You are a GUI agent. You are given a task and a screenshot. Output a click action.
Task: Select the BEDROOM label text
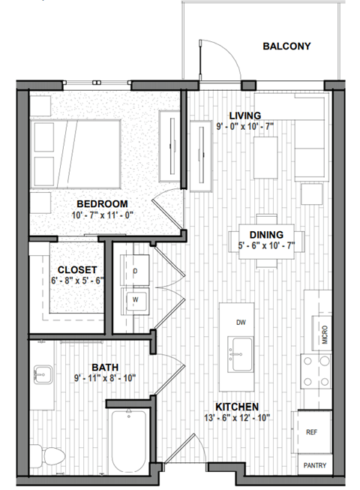pyautogui.click(x=103, y=203)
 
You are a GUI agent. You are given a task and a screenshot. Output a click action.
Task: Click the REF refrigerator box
pyautogui.click(x=313, y=433)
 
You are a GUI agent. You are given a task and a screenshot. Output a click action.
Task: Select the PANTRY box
pyautogui.click(x=314, y=465)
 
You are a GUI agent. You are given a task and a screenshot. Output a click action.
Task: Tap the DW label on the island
pyautogui.click(x=241, y=323)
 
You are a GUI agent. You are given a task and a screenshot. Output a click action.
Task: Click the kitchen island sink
pyautogui.click(x=241, y=348)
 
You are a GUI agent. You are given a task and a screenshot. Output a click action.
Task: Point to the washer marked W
pyautogui.click(x=135, y=299)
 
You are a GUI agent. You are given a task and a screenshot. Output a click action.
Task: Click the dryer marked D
pyautogui.click(x=135, y=269)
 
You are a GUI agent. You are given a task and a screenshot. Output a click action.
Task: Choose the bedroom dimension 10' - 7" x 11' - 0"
pyautogui.click(x=103, y=215)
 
